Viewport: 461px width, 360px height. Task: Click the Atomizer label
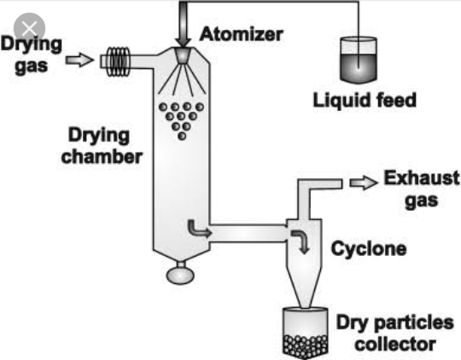[241, 34]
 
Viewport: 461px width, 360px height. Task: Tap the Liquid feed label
[365, 100]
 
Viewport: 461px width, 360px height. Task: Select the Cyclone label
[369, 248]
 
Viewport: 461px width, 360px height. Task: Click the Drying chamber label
[102, 146]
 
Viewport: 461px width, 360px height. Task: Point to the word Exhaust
[422, 177]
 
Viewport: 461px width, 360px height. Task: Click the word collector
[395, 344]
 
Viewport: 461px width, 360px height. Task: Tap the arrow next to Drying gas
[79, 61]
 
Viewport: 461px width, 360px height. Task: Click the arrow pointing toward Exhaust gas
[364, 183]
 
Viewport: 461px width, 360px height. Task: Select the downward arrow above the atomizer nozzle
[183, 24]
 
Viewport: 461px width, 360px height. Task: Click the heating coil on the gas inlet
[118, 61]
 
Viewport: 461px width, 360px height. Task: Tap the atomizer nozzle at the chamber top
[183, 55]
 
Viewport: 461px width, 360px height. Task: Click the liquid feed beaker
[359, 60]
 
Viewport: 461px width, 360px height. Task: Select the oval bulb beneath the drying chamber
[180, 276]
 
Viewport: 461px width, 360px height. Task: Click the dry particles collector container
[305, 334]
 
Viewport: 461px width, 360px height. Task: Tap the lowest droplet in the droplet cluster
[182, 136]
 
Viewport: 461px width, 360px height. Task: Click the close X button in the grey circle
[29, 28]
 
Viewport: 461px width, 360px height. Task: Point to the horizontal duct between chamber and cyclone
[248, 234]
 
